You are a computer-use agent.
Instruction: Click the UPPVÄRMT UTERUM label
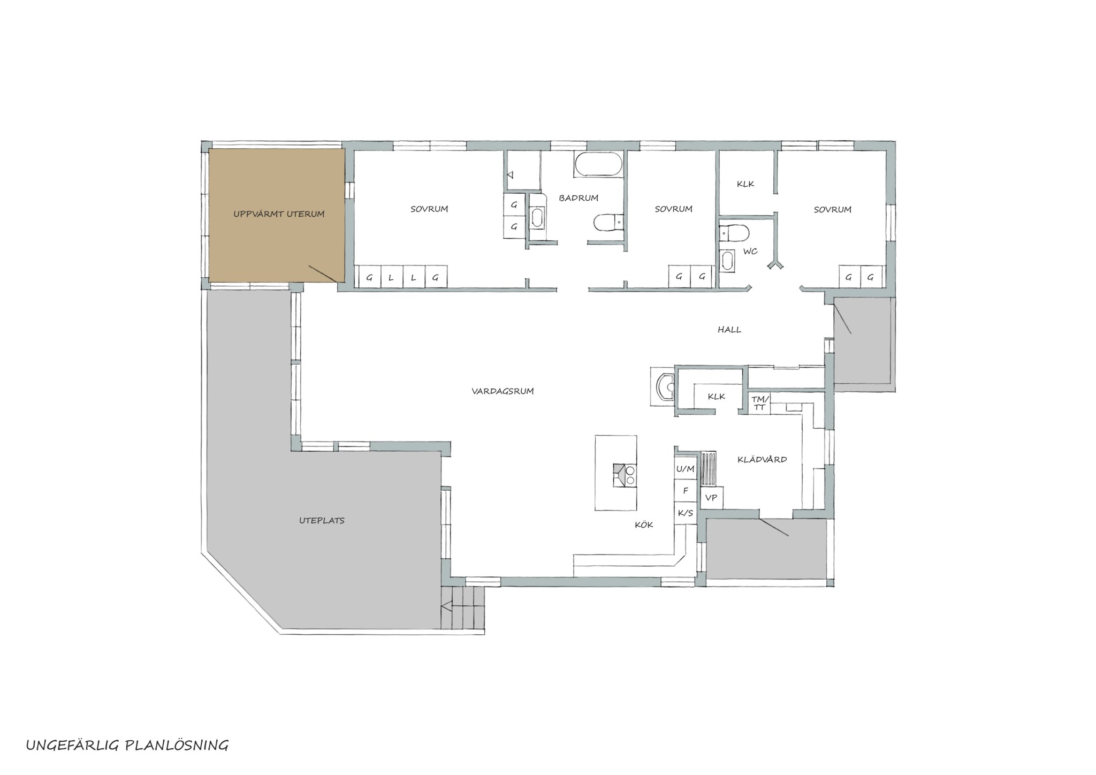pos(279,214)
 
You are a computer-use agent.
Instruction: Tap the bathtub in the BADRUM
pos(599,164)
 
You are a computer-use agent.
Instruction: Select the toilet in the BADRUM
pos(609,223)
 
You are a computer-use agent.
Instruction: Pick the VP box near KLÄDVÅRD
pos(711,498)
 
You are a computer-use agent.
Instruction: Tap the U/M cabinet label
pos(685,469)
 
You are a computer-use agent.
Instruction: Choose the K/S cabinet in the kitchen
pos(685,513)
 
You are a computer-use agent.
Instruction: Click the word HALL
pos(729,330)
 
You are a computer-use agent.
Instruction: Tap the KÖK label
pos(644,525)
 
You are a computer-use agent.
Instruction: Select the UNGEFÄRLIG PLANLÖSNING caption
pos(127,745)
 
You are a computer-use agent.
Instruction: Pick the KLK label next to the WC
pos(745,184)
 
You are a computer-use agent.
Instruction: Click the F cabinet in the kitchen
pos(685,491)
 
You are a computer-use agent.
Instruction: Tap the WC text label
pos(750,252)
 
